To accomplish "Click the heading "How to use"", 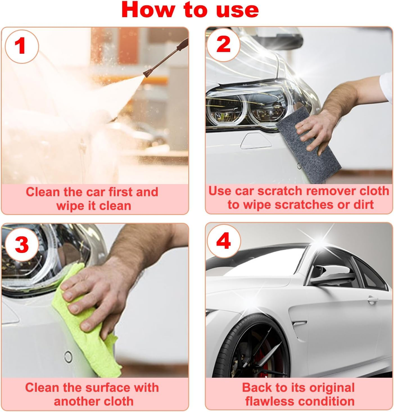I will click(x=190, y=10).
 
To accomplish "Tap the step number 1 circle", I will click(x=21, y=46).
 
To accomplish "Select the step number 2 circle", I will click(x=223, y=44).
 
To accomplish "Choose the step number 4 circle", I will click(x=223, y=241).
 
